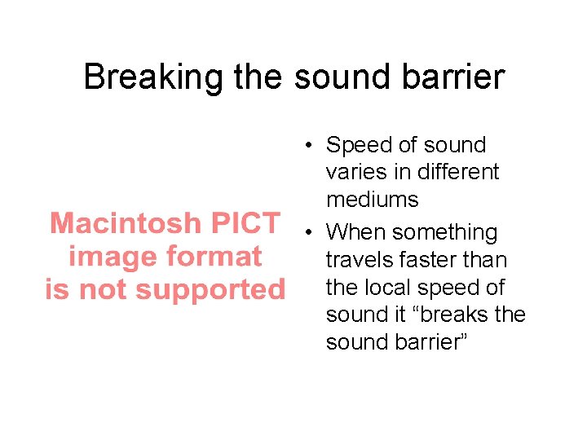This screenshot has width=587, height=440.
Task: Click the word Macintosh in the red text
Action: tap(124, 222)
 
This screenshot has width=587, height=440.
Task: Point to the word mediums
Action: tap(372, 200)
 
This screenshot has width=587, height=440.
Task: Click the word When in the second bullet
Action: tap(354, 232)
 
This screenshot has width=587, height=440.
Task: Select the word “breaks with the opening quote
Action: tap(445, 315)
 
